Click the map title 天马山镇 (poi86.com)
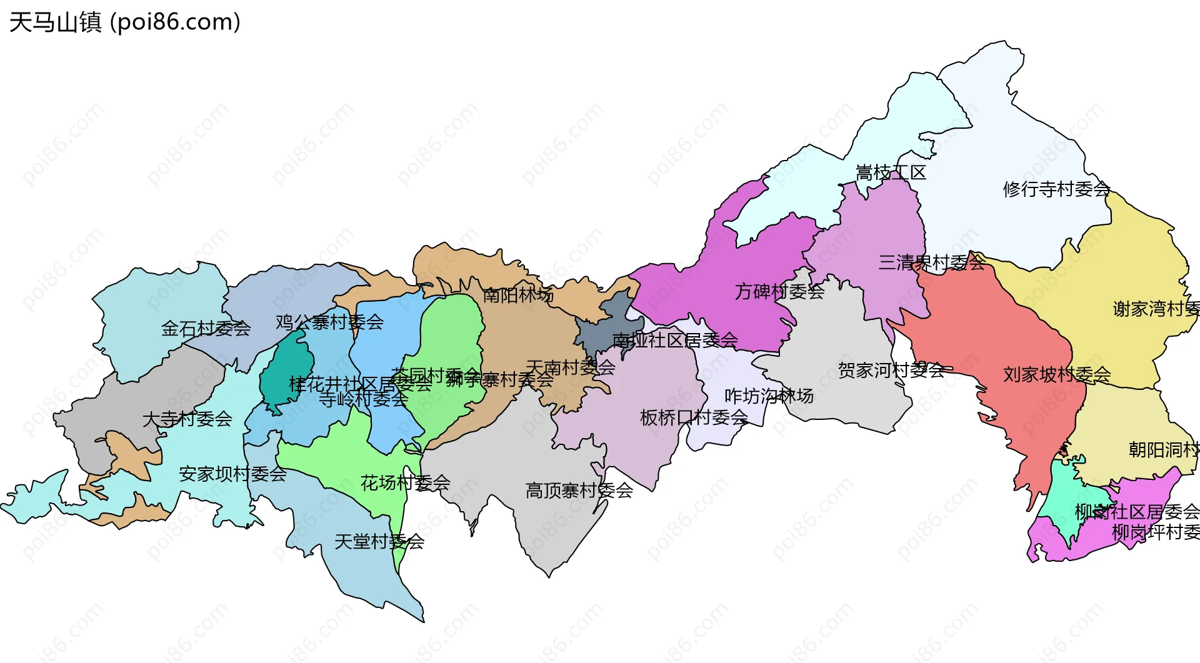coord(125,22)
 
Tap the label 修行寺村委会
coord(1056,189)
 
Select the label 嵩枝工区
coord(891,172)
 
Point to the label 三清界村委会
coord(931,262)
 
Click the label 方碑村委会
coord(779,291)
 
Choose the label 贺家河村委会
coord(891,371)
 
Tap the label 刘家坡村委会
coord(1057,374)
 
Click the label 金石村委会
coord(206,328)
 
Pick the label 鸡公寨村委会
coord(329,322)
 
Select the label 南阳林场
coord(518,294)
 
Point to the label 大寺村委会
coord(187,419)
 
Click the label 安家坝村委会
coord(232,474)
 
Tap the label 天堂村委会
coord(379,541)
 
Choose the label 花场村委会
coord(405,482)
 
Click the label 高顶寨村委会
coord(579,491)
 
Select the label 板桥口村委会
coord(694,417)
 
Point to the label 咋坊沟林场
coord(769,396)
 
